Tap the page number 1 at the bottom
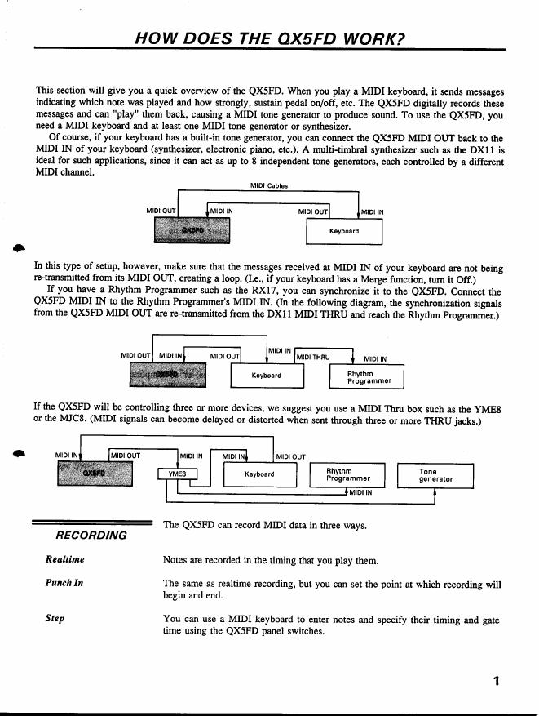496,682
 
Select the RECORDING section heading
91,536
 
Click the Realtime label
64,560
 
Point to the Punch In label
64,584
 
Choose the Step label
55,619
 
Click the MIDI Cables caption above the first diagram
268,186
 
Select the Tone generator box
435,475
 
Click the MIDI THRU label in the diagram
313,357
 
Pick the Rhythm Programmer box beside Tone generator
348,475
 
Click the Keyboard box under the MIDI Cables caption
343,231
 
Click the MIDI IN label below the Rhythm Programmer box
361,492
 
